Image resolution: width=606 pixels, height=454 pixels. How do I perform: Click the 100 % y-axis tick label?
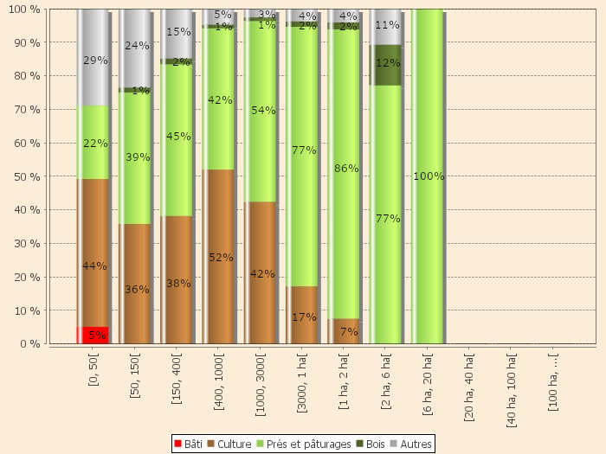(26, 9)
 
